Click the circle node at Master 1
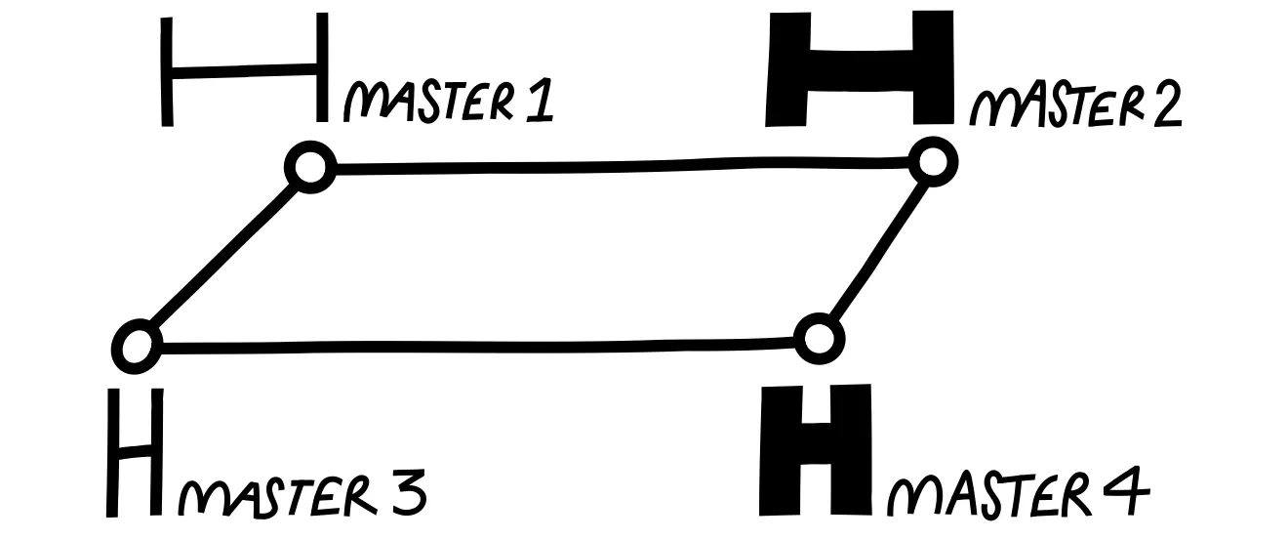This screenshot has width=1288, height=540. (x=310, y=168)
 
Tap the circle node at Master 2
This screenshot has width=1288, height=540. (x=933, y=161)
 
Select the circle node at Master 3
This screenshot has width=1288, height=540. (x=137, y=345)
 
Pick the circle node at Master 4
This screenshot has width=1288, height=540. (x=818, y=339)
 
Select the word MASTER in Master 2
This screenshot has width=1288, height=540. (x=1044, y=105)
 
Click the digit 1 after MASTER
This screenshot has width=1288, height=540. (x=540, y=102)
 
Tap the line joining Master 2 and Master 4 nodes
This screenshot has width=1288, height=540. (x=875, y=250)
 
